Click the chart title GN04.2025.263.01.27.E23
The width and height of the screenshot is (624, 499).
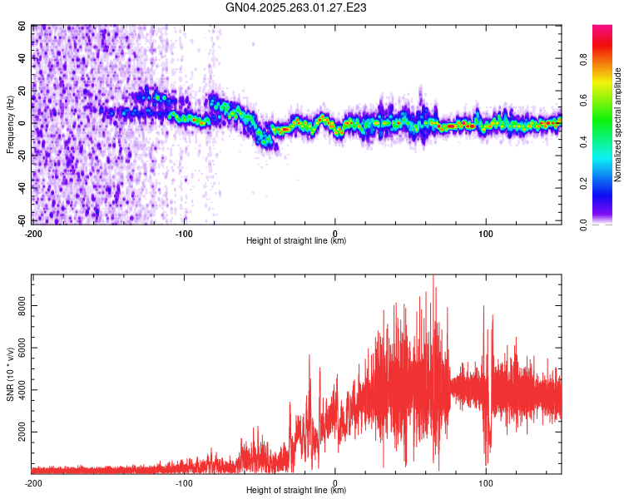pos(296,7)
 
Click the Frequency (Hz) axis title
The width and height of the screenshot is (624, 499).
pos(11,125)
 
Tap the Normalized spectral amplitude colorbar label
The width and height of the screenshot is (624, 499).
pos(617,125)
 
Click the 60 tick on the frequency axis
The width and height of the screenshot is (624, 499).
pos(22,27)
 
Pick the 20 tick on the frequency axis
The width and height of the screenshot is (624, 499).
pos(22,91)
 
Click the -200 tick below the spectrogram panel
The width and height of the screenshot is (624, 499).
pos(33,233)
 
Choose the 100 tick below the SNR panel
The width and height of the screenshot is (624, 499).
pos(487,482)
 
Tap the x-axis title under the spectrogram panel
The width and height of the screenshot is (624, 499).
pos(296,241)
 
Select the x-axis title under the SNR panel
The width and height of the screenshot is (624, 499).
pos(296,491)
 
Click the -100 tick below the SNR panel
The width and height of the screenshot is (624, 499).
pos(184,482)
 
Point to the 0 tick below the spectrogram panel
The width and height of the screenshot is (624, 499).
pos(335,233)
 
